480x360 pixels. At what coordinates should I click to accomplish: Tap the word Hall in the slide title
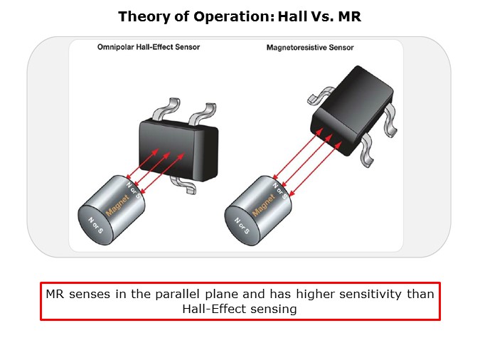pyautogui.click(x=292, y=16)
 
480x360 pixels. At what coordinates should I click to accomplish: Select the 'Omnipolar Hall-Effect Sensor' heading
pyautogui.click(x=149, y=47)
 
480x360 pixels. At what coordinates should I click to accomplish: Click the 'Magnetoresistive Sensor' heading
pyautogui.click(x=310, y=48)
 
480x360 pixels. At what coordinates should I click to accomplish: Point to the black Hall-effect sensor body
pyautogui.click(x=178, y=149)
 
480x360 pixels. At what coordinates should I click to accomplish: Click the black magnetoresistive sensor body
pyautogui.click(x=352, y=110)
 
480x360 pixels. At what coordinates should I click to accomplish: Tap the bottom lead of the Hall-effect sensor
pyautogui.click(x=183, y=185)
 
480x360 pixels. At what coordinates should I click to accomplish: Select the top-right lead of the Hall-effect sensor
pyautogui.click(x=203, y=114)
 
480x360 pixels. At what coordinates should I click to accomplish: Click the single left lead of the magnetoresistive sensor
pyautogui.click(x=321, y=95)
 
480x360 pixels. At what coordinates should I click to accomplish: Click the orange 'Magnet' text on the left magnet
pyautogui.click(x=117, y=206)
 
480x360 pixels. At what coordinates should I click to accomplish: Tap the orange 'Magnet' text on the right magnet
pyautogui.click(x=264, y=206)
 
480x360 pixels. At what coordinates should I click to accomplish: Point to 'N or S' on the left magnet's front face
pyautogui.click(x=96, y=226)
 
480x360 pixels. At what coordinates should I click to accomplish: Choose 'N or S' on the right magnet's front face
pyautogui.click(x=242, y=226)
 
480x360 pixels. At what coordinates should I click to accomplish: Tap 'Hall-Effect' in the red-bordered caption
pyautogui.click(x=213, y=309)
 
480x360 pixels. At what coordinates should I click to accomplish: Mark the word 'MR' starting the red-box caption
pyautogui.click(x=55, y=294)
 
